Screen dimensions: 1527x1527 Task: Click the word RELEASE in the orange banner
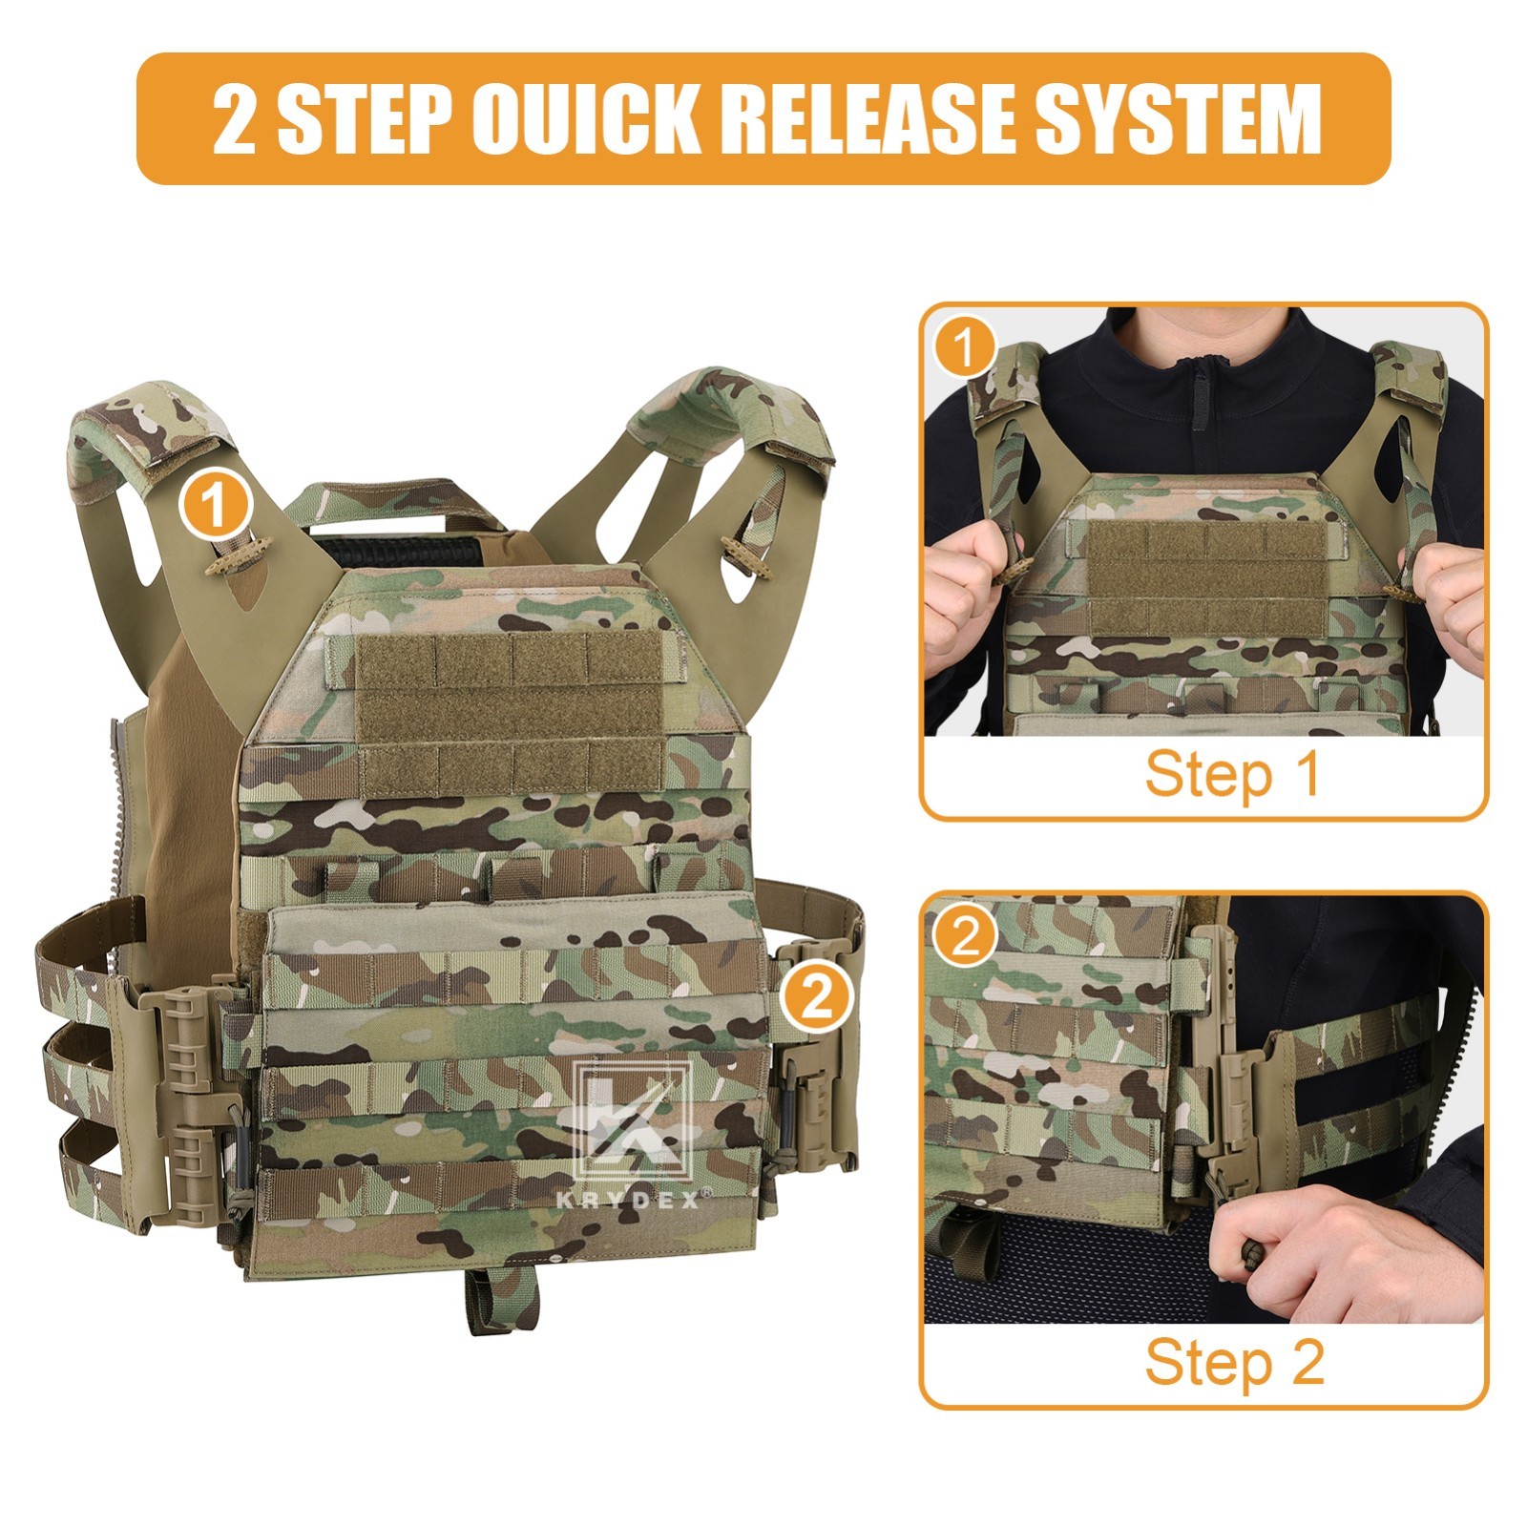859,119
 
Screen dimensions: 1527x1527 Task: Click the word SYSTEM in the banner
1179,119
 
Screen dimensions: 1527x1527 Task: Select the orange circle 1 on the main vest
216,505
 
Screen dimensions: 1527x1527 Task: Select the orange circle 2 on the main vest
814,998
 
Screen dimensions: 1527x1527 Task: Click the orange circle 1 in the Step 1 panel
965,347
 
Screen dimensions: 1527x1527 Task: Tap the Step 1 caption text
1231,774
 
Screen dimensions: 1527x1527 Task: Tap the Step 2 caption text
1233,1362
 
